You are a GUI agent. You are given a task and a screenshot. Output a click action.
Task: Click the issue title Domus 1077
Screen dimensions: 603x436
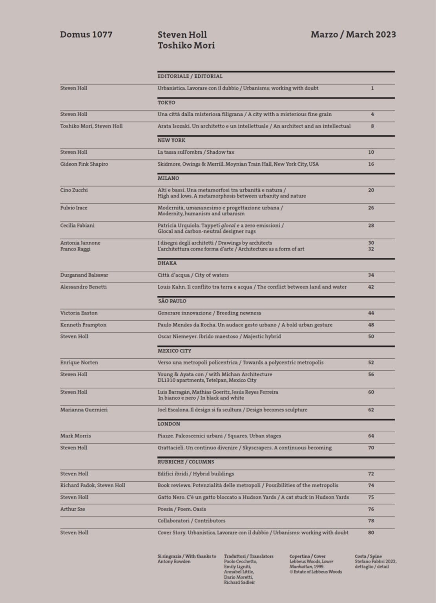pos(86,35)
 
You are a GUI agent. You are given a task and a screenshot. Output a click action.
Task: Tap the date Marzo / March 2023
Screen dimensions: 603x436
pos(353,35)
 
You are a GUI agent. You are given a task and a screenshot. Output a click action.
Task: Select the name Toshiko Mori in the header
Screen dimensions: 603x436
pos(186,46)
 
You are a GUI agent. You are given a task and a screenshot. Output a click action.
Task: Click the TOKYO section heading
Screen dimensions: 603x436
pos(166,102)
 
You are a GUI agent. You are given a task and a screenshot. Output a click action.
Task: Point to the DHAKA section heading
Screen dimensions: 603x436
pos(167,263)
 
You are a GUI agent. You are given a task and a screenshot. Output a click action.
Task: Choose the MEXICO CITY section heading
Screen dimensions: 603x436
pos(174,351)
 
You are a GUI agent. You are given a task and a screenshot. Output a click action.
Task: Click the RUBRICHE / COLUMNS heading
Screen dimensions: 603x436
pos(186,462)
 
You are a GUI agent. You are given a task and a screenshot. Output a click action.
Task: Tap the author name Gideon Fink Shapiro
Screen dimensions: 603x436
pos(84,164)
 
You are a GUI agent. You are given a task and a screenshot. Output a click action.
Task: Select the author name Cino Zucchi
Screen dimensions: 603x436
pos(74,190)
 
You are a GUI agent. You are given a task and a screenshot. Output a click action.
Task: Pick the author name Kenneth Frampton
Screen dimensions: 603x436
pos(83,325)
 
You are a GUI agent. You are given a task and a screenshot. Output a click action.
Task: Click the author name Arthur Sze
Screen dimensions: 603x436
pos(73,509)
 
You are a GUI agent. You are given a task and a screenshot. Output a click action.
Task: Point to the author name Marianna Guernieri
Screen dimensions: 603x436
pos(84,410)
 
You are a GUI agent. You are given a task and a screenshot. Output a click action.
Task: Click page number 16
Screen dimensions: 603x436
pos(371,164)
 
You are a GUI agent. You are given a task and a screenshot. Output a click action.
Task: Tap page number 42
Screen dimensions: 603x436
pos(371,287)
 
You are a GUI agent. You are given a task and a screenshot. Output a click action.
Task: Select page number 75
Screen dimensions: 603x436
pos(371,497)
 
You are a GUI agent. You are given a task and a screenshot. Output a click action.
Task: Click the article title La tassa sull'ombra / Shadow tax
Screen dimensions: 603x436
pos(196,152)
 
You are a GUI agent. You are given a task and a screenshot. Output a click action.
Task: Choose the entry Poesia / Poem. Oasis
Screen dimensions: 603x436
pos(182,509)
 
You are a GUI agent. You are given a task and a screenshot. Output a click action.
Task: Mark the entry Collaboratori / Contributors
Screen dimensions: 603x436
pos(192,521)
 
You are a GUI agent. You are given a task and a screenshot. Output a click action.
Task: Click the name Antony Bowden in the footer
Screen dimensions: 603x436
pos(174,561)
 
